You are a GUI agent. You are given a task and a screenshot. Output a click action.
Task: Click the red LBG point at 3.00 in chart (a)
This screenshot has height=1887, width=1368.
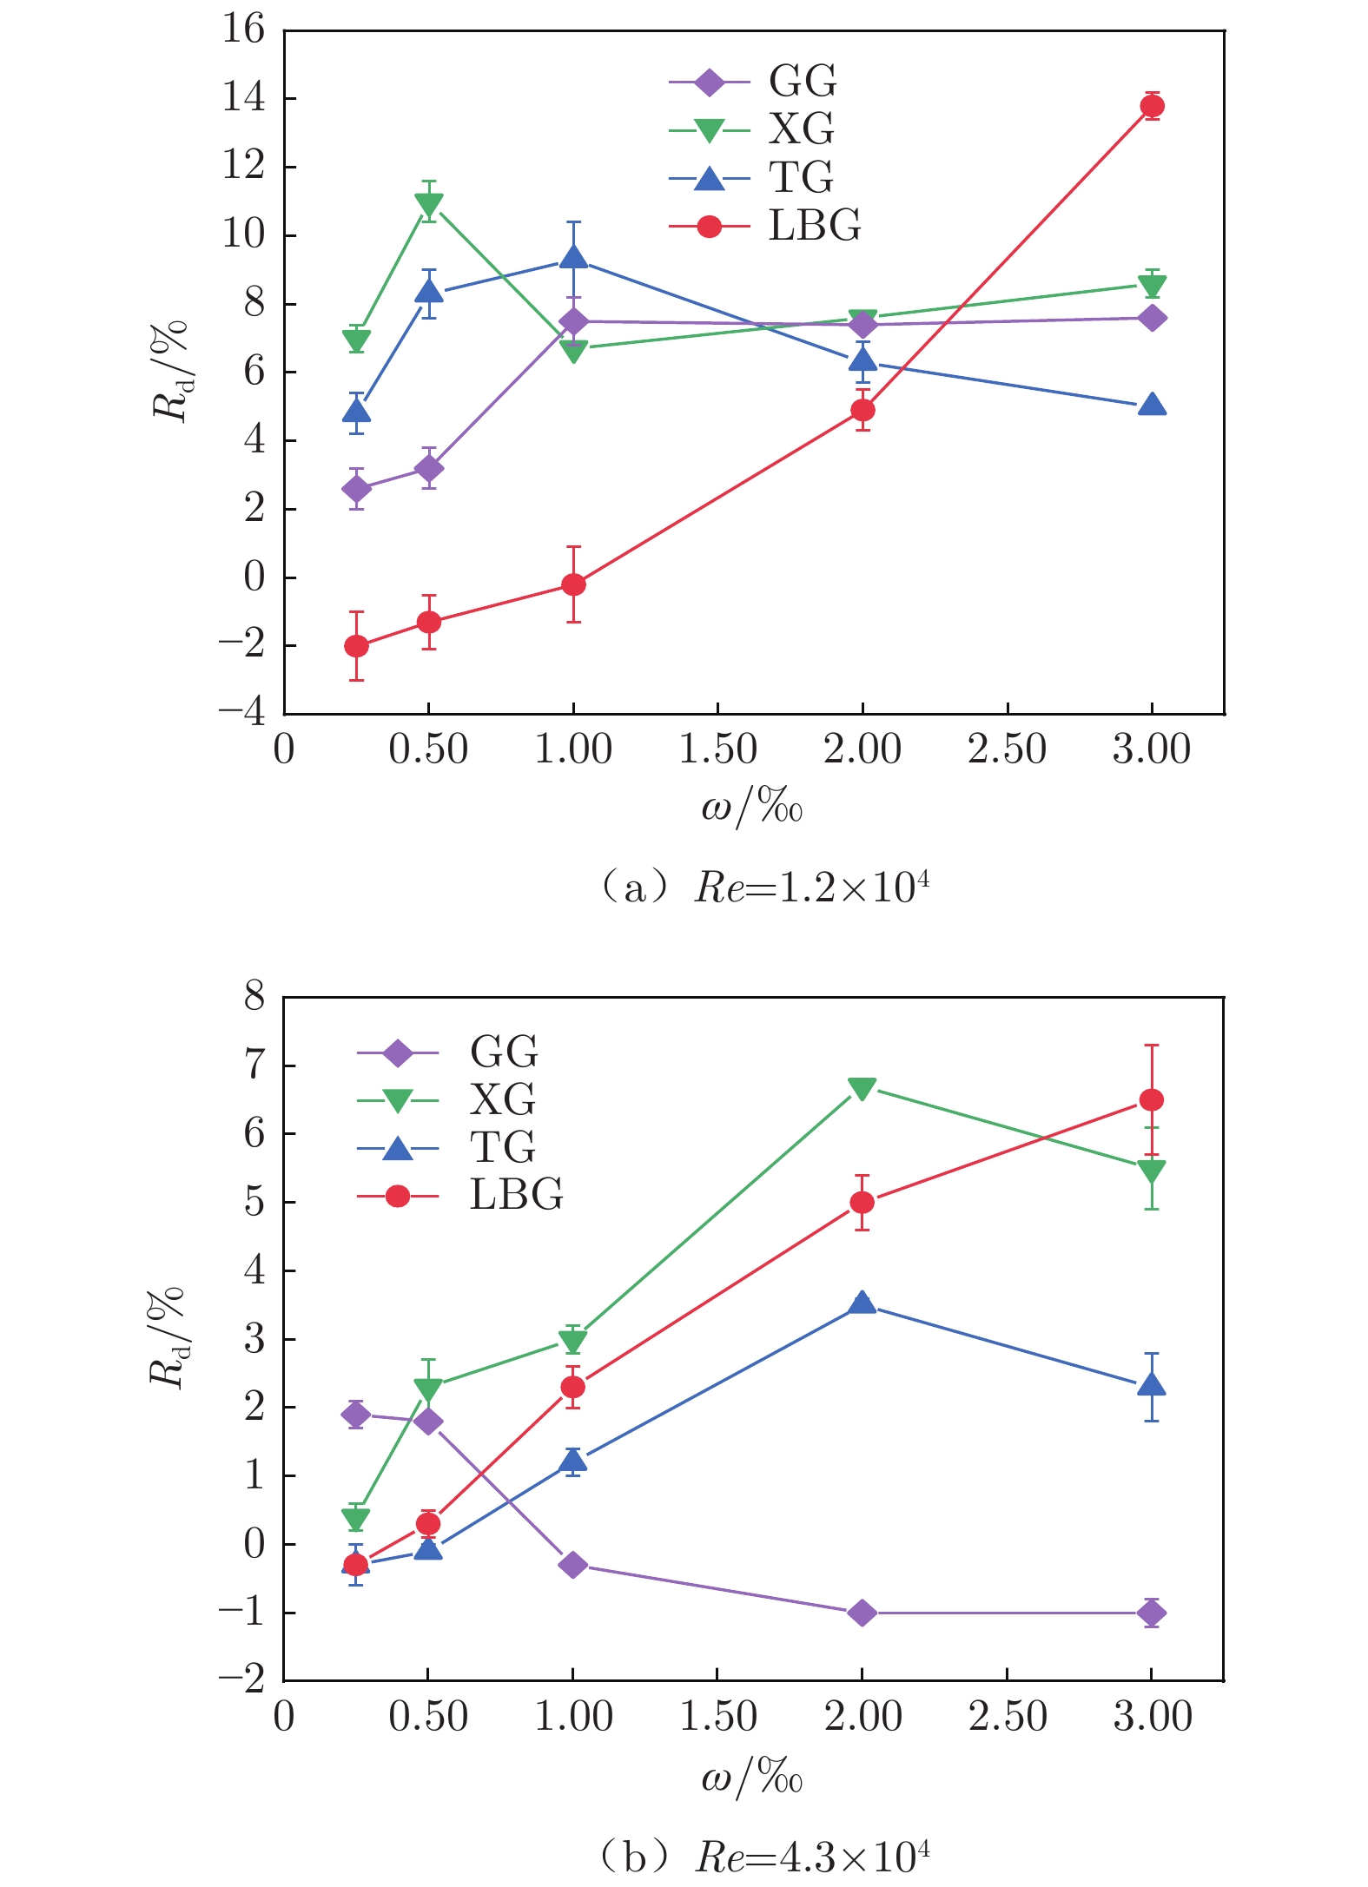(1152, 107)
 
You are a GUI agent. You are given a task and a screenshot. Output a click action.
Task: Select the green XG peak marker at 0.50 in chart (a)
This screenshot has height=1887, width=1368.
(428, 205)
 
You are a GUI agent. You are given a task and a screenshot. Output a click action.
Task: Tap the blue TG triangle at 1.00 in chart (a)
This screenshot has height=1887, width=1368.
(573, 258)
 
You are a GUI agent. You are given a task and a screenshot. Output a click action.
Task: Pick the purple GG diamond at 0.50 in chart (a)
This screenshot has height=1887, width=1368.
(428, 469)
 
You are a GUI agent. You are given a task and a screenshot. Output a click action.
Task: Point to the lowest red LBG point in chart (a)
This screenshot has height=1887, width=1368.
(356, 646)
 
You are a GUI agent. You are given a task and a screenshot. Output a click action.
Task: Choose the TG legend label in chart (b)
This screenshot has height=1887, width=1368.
(503, 1148)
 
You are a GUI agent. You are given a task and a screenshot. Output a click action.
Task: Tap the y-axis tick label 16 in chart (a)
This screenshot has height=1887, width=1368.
(243, 30)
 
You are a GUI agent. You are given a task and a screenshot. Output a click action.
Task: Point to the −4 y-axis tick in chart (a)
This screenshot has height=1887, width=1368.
(241, 713)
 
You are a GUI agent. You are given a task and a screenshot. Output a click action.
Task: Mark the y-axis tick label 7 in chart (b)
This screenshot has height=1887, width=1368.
(254, 1065)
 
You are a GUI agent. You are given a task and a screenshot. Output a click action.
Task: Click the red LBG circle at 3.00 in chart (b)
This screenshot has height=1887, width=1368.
(1152, 1100)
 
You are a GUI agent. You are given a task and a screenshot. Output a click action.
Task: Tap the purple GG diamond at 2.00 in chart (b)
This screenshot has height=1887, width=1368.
(862, 1613)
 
